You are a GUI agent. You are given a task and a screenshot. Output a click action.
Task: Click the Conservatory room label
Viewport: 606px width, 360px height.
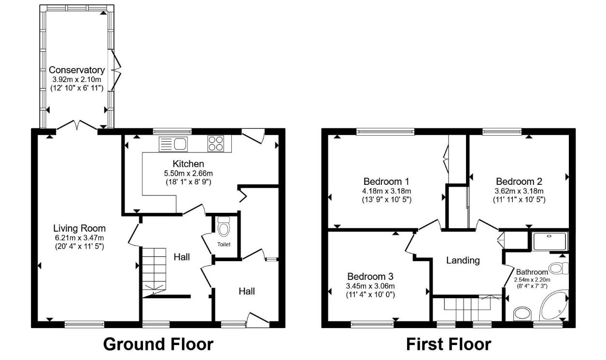[77, 70]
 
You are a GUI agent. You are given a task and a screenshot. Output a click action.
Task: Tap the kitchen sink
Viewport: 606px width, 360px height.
[173, 144]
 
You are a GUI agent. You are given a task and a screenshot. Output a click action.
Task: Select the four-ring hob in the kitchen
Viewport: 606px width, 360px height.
[216, 143]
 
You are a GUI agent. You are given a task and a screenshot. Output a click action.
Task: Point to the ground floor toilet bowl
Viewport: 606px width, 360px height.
[224, 226]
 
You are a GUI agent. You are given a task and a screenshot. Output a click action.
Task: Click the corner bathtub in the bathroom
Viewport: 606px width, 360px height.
[553, 305]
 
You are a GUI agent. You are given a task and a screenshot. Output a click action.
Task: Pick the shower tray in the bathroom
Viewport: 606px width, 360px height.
[550, 241]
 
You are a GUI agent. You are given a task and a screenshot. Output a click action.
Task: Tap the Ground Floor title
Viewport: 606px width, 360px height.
[158, 345]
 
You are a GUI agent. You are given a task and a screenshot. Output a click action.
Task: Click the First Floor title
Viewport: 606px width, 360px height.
[449, 345]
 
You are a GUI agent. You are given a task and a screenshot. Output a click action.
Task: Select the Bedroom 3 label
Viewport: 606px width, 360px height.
[370, 277]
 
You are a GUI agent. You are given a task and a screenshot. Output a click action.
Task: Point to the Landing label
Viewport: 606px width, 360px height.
[463, 260]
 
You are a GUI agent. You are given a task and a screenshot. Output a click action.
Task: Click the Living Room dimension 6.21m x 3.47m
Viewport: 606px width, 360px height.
[80, 238]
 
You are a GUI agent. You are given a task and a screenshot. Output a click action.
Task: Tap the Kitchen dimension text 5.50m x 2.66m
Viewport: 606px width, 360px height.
[188, 173]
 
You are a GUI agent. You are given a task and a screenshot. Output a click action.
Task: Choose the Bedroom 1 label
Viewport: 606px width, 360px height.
[386, 181]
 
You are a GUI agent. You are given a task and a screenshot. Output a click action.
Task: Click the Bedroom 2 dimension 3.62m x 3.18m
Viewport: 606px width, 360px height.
[519, 191]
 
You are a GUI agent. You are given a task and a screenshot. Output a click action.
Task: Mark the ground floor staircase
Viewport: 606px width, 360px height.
[154, 273]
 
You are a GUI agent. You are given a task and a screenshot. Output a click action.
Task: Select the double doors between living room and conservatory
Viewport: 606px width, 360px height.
[77, 126]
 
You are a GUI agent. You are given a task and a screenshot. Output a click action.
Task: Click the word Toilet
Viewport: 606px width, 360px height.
[224, 244]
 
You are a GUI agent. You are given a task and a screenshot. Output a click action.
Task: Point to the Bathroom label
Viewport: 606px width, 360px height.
[532, 272]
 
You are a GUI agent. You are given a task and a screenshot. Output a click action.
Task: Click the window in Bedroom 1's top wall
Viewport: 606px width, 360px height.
[385, 132]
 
